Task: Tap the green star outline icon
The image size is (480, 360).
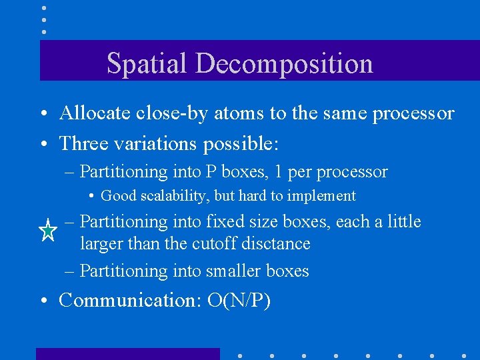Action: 48,231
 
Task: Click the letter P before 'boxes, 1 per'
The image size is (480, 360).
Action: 209,171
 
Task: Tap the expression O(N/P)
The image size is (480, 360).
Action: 239,301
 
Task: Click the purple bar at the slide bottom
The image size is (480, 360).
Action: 127,353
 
